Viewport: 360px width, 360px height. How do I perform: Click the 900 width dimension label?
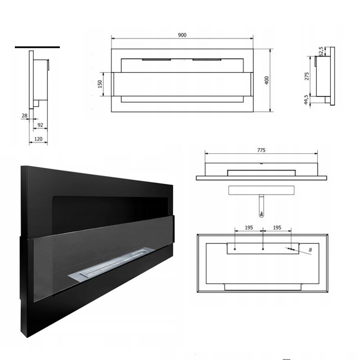click(182, 35)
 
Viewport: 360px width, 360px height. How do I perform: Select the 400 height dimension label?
click(266, 81)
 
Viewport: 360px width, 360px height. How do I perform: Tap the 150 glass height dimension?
click(100, 84)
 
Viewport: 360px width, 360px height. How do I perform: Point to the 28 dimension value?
click(25, 116)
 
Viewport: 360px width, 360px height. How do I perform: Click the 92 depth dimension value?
click(40, 125)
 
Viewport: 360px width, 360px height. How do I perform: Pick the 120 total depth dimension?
click(38, 139)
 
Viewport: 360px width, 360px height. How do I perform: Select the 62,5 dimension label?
click(321, 51)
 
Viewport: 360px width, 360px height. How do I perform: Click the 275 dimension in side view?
click(307, 76)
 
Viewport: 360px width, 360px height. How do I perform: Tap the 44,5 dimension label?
click(306, 100)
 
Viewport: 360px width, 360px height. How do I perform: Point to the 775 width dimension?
click(261, 150)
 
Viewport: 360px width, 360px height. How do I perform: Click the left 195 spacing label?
click(249, 228)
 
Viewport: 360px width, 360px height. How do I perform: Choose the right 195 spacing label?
click(277, 228)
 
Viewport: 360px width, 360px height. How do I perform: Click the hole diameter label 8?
click(310, 250)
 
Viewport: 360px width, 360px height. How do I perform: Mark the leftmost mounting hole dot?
click(235, 249)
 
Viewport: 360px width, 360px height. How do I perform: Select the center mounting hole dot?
click(263, 249)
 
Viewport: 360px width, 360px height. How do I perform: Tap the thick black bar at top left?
click(37, 47)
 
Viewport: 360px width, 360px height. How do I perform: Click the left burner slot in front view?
click(157, 60)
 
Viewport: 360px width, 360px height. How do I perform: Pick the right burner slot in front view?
click(207, 60)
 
